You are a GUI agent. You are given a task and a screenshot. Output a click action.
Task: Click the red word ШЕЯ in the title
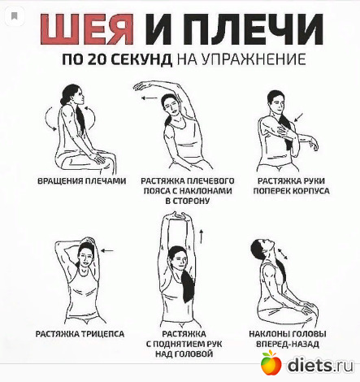click(x=87, y=29)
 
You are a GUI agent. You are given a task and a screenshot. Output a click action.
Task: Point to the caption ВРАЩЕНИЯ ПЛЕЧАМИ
click(x=82, y=180)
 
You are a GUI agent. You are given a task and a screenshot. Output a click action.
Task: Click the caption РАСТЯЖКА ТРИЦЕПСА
click(x=80, y=334)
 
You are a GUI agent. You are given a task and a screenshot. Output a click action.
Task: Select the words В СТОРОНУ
click(x=187, y=201)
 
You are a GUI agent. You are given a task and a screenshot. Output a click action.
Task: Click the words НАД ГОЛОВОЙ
click(x=184, y=354)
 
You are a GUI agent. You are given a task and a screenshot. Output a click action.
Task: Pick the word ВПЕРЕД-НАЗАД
click(x=288, y=344)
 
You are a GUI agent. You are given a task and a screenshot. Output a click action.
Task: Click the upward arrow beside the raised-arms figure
click(x=201, y=236)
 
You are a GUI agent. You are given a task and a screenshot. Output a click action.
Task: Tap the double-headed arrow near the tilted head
click(x=282, y=254)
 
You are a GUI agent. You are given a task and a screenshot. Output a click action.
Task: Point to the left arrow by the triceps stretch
click(x=107, y=251)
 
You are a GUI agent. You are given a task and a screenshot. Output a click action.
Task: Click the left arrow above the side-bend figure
click(x=150, y=98)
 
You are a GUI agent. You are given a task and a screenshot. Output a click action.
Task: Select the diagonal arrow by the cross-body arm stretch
click(x=298, y=117)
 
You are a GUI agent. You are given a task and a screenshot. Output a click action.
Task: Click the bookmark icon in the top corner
click(x=15, y=16)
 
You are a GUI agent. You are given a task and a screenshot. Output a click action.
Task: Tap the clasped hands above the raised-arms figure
click(x=178, y=216)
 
